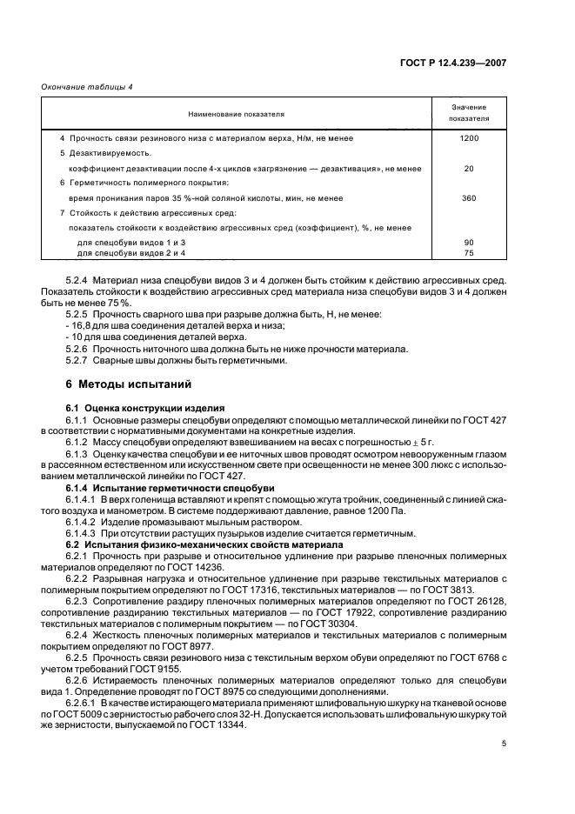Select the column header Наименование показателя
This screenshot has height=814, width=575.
pos(232,114)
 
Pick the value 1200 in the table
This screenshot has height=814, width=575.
pos(469,138)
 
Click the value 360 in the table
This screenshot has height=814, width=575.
pos(469,198)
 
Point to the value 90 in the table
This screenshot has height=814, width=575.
pos(469,242)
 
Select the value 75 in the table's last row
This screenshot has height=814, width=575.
pos(469,252)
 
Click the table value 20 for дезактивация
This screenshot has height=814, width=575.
pos(469,169)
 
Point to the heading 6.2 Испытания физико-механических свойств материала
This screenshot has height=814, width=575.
pos(177,544)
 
